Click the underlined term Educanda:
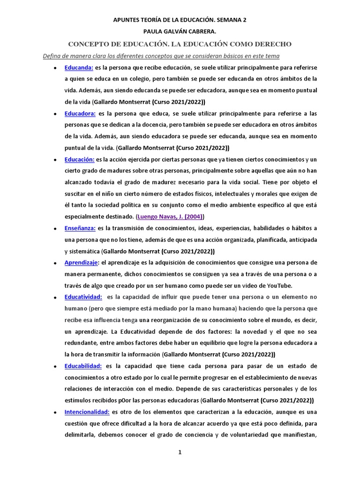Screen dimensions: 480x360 (x=79, y=67)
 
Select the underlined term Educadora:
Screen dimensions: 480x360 (x=80, y=113)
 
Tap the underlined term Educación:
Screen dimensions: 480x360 (x=80, y=160)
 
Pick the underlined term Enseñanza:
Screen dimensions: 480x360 (x=80, y=228)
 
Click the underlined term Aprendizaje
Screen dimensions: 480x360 (x=81, y=262)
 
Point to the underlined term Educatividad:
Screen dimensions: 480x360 (x=83, y=297)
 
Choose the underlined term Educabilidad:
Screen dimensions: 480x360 (x=83, y=366)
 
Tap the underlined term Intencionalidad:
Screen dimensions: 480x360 (x=87, y=412)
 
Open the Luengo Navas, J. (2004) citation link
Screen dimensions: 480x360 (x=170, y=217)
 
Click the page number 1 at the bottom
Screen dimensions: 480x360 (x=180, y=452)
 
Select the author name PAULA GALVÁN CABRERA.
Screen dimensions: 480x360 (x=180, y=32)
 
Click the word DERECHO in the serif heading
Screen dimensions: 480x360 (x=272, y=44)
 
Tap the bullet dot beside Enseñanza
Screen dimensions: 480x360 (x=55, y=229)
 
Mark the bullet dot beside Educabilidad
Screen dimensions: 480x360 (x=55, y=366)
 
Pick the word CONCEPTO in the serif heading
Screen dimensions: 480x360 (x=89, y=44)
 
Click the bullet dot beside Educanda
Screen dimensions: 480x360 (x=55, y=68)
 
